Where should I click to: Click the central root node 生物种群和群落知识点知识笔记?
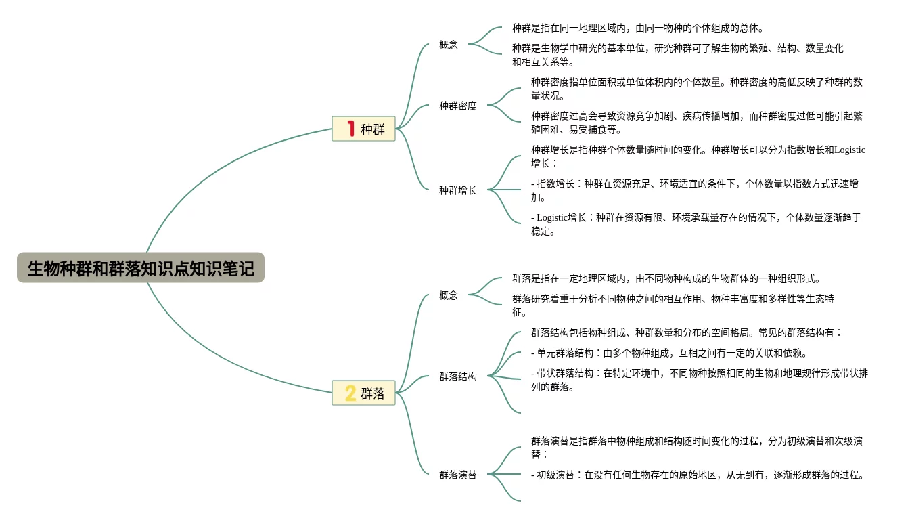click(x=141, y=268)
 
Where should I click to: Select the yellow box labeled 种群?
click(x=363, y=129)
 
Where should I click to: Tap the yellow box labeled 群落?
click(x=363, y=393)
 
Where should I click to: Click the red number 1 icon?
click(x=350, y=129)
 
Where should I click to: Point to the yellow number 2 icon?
click(x=350, y=393)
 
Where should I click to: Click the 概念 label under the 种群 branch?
click(x=448, y=45)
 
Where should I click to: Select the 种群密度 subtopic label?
click(x=457, y=106)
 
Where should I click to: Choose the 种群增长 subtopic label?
click(x=457, y=190)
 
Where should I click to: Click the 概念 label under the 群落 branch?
click(x=448, y=295)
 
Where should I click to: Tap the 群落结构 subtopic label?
click(x=457, y=376)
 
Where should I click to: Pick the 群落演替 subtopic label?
click(x=457, y=475)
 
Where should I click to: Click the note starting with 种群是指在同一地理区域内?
click(x=637, y=28)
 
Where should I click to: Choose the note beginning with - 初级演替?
click(x=697, y=475)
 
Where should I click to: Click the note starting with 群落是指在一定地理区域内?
click(x=666, y=278)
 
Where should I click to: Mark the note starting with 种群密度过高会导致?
click(x=696, y=123)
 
